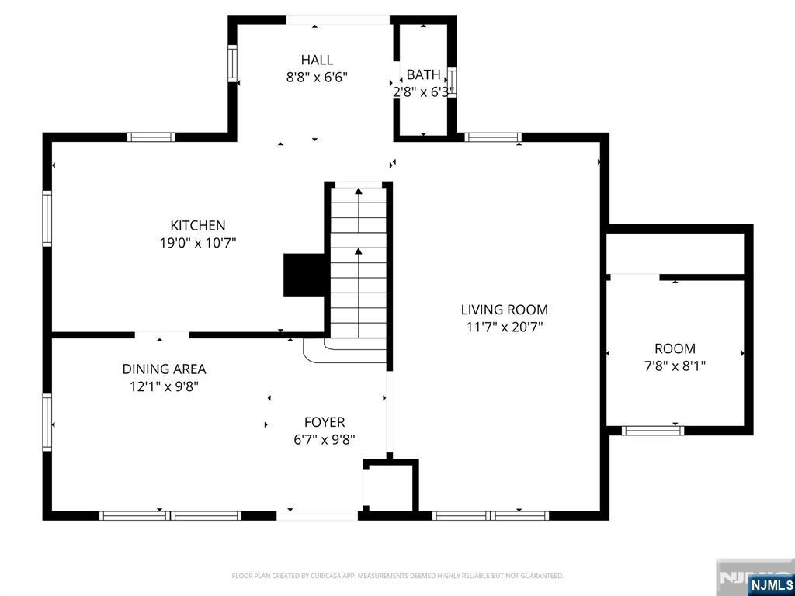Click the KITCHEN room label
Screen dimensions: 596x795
point(198,225)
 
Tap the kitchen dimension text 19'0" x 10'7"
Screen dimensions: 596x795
point(198,243)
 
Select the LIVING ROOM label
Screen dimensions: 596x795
point(504,310)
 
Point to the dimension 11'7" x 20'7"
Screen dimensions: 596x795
point(504,327)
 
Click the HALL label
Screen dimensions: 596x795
point(317,60)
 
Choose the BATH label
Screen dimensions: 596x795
point(423,74)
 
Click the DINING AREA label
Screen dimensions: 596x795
point(164,369)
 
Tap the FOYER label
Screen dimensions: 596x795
point(324,422)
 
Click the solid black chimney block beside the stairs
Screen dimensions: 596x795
point(303,275)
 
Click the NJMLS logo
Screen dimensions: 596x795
point(771,584)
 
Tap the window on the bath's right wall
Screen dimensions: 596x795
point(452,81)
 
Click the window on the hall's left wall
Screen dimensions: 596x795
point(231,63)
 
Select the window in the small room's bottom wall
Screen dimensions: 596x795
point(652,430)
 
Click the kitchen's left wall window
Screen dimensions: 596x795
point(47,219)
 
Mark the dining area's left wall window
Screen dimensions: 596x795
point(47,422)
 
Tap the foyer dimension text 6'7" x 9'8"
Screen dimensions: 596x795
point(324,439)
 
